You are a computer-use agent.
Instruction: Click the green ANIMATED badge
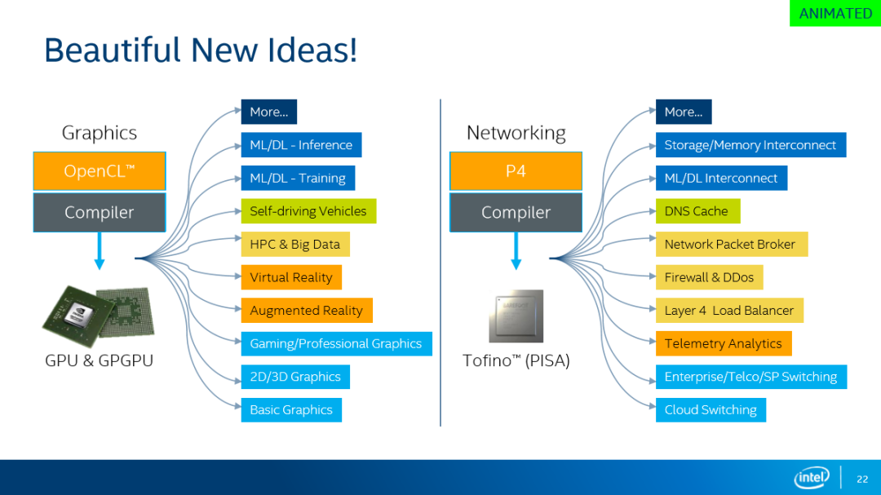tap(835, 13)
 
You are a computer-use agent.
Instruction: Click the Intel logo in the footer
tap(812, 478)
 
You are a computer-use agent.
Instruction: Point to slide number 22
tap(862, 480)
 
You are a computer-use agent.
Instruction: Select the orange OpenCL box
tap(100, 170)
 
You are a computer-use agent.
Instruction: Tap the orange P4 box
tap(516, 170)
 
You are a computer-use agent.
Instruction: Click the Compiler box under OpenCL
tap(100, 212)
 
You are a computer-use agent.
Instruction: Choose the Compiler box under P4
tap(516, 212)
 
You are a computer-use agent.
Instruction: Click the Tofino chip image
tap(516, 316)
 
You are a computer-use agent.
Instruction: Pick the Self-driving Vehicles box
tap(308, 211)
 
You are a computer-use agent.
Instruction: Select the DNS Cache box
tap(697, 211)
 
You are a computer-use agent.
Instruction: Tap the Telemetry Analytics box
tap(724, 344)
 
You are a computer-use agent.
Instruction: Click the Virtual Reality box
tap(291, 277)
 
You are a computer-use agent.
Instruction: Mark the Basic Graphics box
tap(291, 410)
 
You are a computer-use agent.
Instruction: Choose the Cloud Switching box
tap(711, 410)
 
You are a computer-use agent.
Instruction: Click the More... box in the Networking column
tap(684, 112)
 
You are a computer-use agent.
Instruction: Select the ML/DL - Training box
tap(298, 178)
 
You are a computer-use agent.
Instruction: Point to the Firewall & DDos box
tap(709, 277)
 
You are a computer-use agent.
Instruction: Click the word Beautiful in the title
tap(113, 50)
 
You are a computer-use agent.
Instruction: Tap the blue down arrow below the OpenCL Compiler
tap(100, 251)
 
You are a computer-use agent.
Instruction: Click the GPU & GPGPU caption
tap(99, 360)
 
